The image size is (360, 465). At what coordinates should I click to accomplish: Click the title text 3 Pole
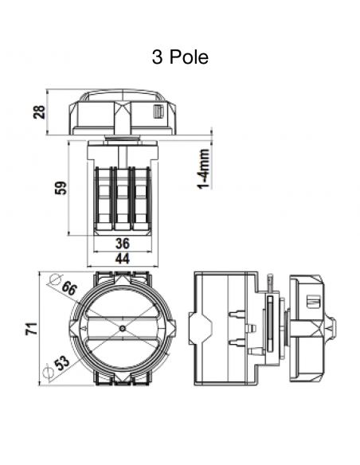point(179,58)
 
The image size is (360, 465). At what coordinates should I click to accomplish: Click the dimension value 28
point(38,111)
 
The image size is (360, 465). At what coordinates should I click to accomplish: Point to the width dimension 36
point(122,244)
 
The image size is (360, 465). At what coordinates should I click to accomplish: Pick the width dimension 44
point(122,259)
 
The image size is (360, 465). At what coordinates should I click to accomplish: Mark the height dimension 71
point(30,329)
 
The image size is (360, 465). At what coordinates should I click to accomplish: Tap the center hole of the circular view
point(121,329)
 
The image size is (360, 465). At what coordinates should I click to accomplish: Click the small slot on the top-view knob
point(159,111)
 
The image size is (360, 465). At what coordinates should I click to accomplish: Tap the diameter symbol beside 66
point(55,280)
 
